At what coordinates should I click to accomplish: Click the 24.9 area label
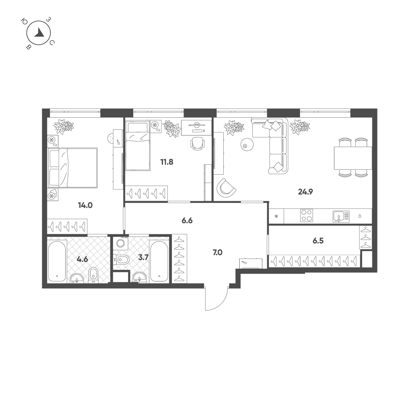click(x=305, y=191)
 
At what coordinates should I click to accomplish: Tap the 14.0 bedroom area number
click(x=85, y=205)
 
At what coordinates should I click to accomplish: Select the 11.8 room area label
click(x=167, y=162)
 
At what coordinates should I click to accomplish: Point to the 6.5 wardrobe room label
click(x=318, y=241)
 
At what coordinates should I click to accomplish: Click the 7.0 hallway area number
click(x=217, y=252)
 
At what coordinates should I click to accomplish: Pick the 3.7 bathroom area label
click(x=143, y=258)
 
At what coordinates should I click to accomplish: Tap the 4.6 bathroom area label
click(x=82, y=259)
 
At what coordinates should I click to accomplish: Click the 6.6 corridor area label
click(x=187, y=221)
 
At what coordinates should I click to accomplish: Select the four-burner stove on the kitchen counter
click(x=307, y=216)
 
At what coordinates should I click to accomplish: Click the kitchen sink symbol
click(x=341, y=217)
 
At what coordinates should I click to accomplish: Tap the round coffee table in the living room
click(x=247, y=144)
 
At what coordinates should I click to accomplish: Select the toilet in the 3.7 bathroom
click(x=122, y=259)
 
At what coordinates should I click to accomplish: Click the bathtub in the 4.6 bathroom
click(x=57, y=261)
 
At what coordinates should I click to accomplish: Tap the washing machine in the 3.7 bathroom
click(x=121, y=243)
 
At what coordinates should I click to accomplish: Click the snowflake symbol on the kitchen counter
click(x=276, y=216)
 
